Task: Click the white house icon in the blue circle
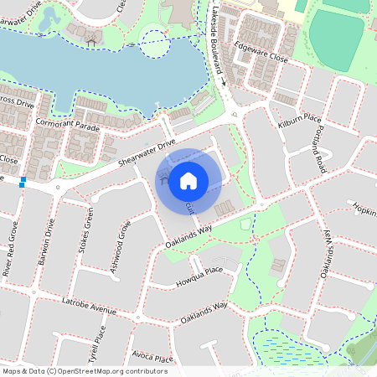(188, 180)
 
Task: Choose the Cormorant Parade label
(68, 125)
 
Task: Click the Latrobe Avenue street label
(89, 305)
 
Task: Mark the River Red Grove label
(12, 249)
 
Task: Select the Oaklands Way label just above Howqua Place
(188, 229)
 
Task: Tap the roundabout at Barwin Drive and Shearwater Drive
(57, 188)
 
